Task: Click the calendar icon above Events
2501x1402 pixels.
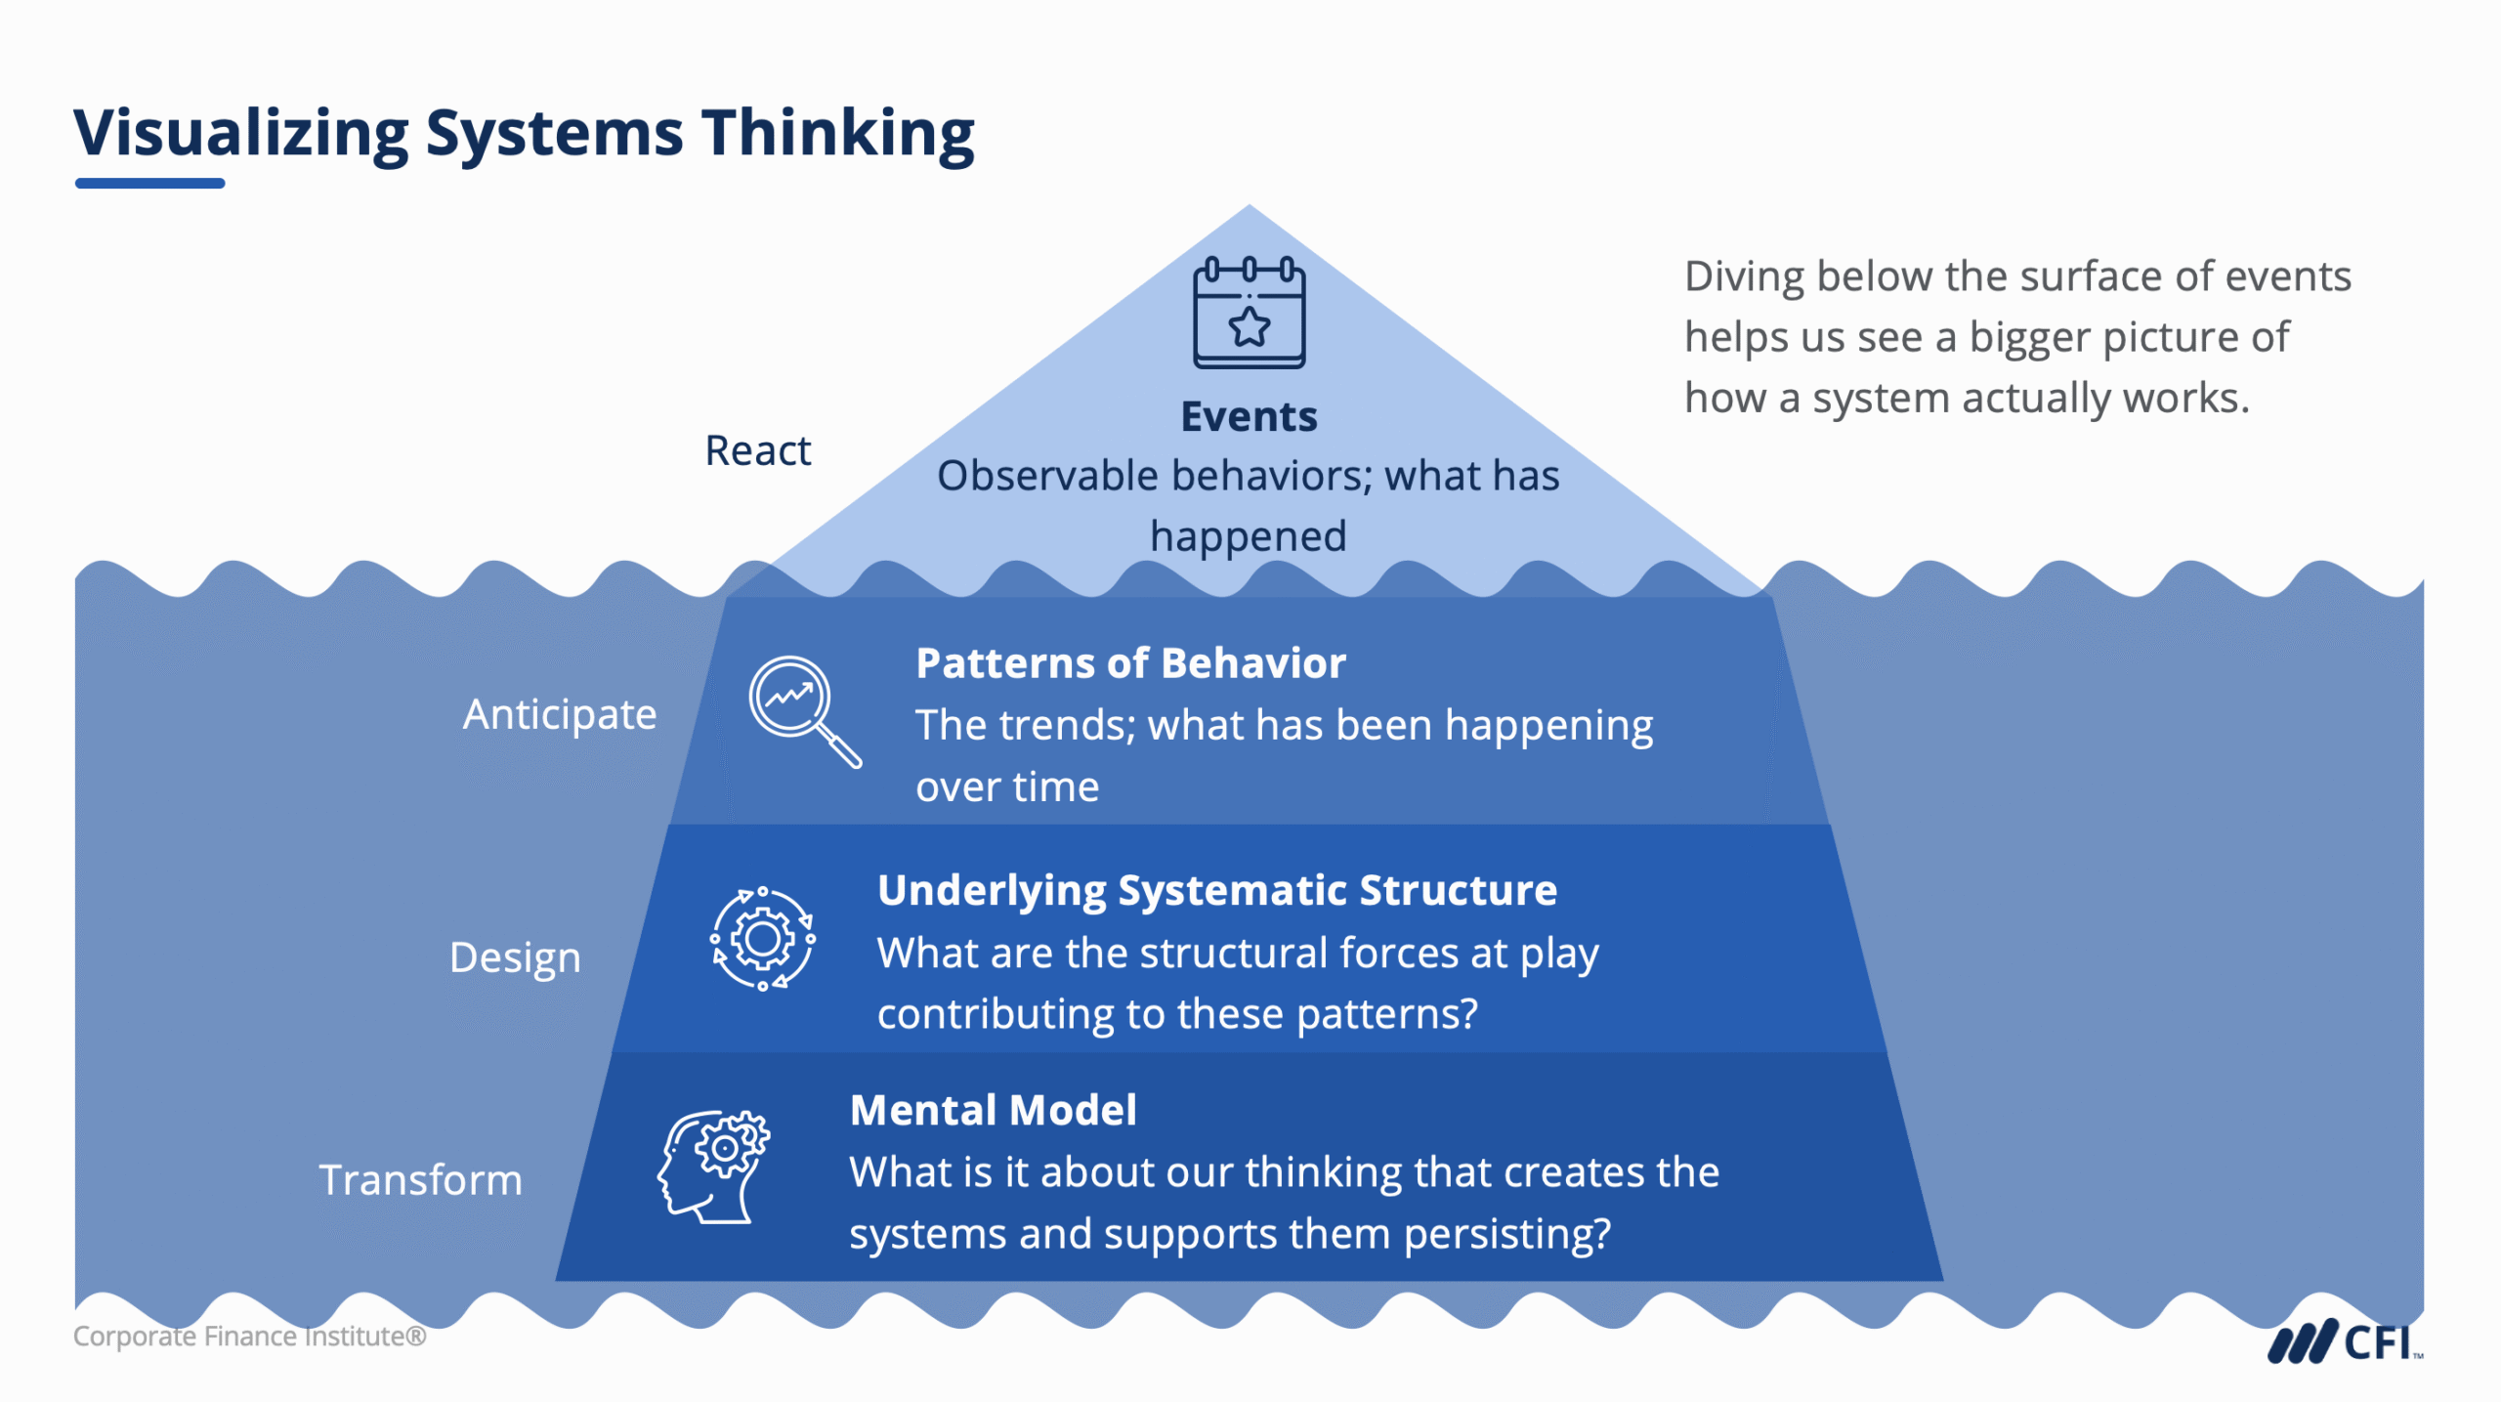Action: [x=1249, y=313]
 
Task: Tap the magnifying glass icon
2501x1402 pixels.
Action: [x=801, y=709]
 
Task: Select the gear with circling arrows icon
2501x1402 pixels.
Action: [x=762, y=939]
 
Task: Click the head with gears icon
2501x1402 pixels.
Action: [x=713, y=1167]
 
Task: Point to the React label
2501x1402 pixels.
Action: [x=758, y=450]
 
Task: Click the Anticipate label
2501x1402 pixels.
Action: [x=560, y=714]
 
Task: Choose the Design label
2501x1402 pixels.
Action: [x=515, y=956]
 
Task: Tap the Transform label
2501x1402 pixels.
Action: [x=420, y=1179]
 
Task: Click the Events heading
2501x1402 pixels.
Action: [x=1249, y=416]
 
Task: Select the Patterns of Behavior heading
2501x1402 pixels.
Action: [x=1130, y=663]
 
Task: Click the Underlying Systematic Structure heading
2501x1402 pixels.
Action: [x=1216, y=890]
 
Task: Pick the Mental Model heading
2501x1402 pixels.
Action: [x=993, y=1110]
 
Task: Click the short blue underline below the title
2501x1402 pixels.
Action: [x=149, y=183]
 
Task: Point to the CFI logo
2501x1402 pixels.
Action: [x=2345, y=1342]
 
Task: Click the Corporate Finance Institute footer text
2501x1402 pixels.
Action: [x=249, y=1336]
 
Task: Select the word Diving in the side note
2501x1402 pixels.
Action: [x=1744, y=276]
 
